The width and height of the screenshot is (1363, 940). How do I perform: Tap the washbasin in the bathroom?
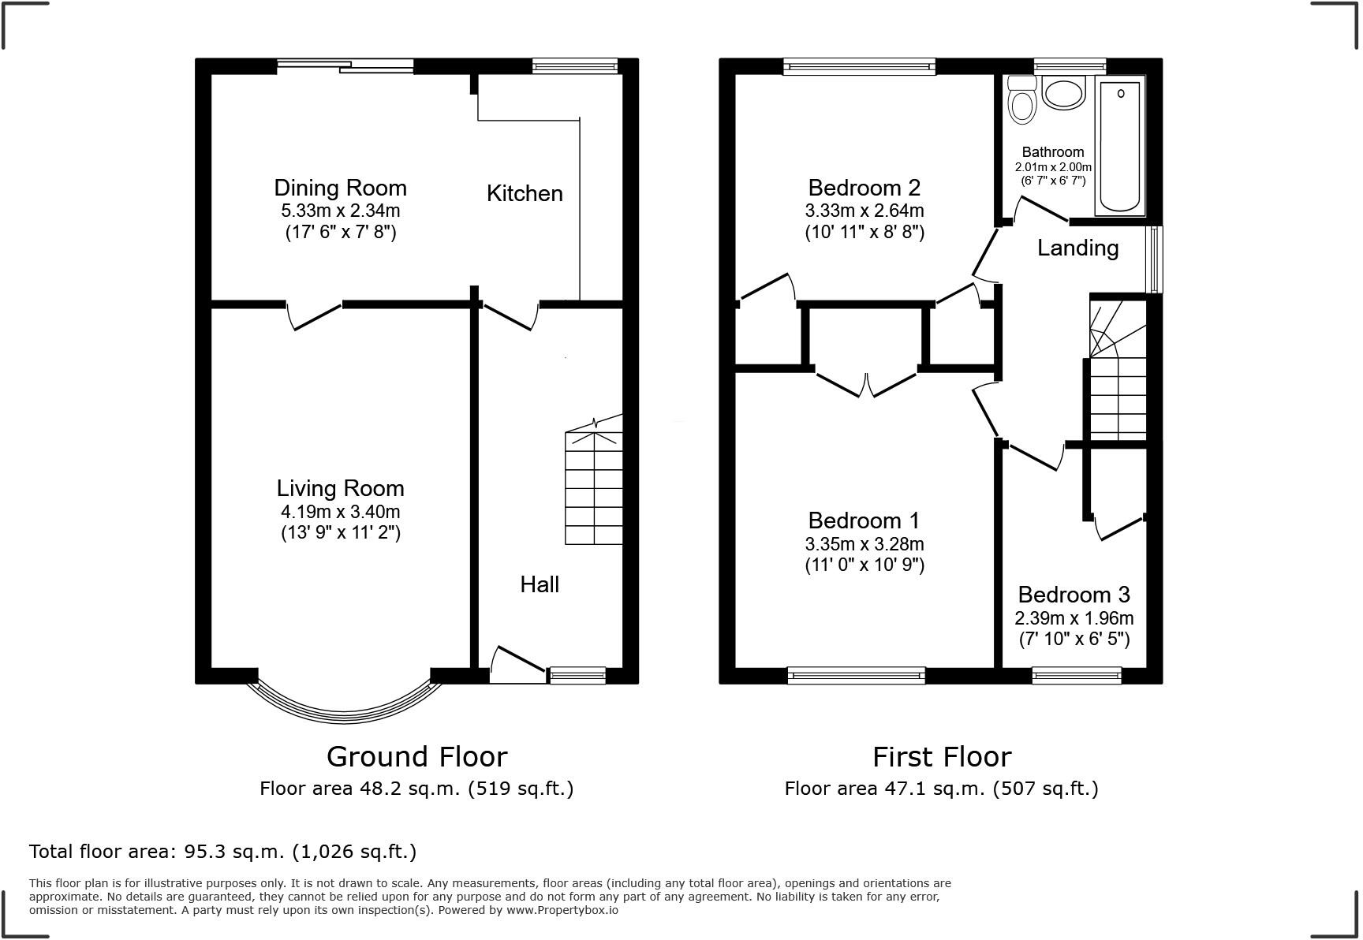pos(1064,92)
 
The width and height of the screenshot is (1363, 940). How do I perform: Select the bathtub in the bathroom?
pos(1119,146)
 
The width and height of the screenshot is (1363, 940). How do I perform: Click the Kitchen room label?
pos(525,193)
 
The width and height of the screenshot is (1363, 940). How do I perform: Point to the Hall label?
pos(540,584)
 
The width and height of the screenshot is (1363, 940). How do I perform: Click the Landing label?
pos(1077,248)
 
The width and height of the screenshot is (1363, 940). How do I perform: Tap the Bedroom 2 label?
pos(864,188)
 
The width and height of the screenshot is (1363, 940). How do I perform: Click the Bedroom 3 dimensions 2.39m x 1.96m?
pos(1074,618)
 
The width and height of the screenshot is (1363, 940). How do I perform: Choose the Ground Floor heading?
pos(417,756)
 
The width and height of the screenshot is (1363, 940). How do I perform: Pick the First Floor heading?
pos(942,756)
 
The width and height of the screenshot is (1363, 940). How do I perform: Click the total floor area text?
pos(222,852)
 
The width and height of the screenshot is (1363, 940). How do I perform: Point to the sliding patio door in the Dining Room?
pos(345,66)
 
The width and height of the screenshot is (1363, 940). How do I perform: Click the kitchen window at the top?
pos(575,66)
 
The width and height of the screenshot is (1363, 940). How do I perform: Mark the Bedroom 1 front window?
pos(856,675)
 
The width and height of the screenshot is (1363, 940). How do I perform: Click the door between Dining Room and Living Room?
pos(315,315)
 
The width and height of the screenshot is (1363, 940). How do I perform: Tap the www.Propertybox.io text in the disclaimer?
pos(562,910)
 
